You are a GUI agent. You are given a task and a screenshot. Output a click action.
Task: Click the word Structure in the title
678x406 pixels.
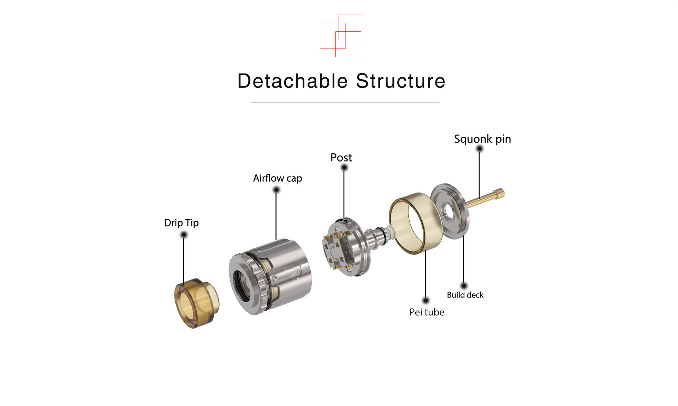[x=400, y=81]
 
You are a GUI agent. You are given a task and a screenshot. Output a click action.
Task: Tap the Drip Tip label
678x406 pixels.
[x=182, y=223]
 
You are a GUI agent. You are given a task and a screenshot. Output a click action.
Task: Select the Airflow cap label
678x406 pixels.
[x=278, y=178]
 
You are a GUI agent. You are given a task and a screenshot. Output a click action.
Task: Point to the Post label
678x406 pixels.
[x=341, y=158]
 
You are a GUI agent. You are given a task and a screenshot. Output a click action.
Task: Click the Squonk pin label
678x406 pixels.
[x=482, y=139]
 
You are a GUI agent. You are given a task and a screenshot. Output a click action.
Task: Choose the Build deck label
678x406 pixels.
[x=465, y=295]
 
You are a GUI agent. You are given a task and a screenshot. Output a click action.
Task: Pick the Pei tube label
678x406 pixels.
[x=427, y=312]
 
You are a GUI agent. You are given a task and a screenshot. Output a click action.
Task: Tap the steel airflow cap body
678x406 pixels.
[x=270, y=276]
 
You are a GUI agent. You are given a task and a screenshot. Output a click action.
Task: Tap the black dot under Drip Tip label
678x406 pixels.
[x=184, y=235]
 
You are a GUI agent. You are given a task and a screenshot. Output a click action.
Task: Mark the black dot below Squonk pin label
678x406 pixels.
[x=479, y=149]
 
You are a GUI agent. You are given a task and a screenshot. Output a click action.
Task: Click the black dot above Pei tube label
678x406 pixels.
[x=426, y=300]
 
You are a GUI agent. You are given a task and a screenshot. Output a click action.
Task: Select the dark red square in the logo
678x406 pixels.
[x=348, y=44]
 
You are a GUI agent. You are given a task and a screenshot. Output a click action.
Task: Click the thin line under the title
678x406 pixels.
[x=345, y=102]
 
